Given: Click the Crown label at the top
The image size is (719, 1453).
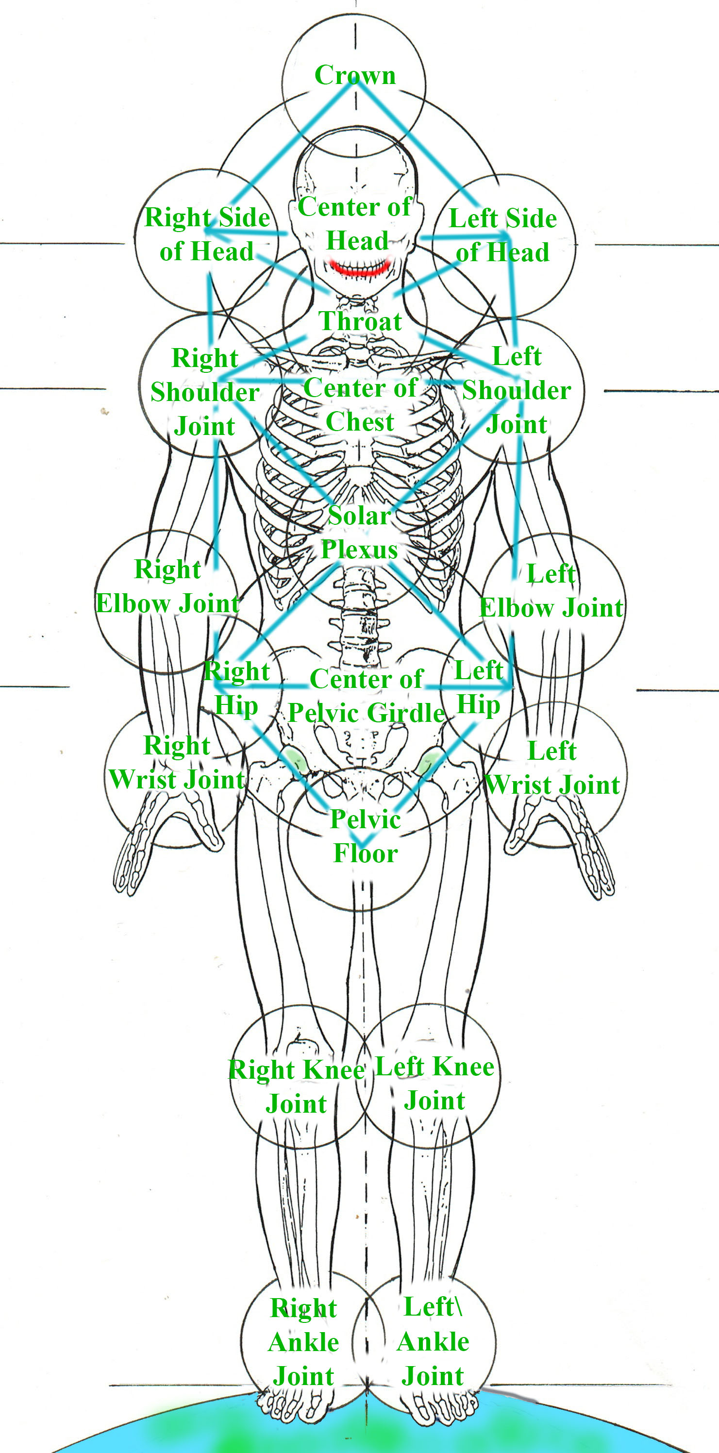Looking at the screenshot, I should [x=355, y=75].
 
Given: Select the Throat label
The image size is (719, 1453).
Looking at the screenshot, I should [x=360, y=321].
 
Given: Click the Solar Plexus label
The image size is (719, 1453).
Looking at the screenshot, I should [x=359, y=533].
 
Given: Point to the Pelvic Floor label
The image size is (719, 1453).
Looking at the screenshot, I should [x=366, y=836].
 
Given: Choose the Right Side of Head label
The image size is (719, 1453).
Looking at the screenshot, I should [x=207, y=234].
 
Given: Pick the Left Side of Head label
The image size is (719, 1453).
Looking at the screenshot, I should [x=502, y=235].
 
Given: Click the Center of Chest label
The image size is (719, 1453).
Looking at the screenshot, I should [x=360, y=404].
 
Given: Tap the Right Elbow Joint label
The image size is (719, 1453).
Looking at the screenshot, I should [x=168, y=586].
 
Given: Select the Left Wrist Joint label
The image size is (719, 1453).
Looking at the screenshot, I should [x=552, y=768].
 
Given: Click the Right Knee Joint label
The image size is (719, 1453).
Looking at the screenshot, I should [x=296, y=1086].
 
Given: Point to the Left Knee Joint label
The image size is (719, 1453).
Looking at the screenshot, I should [x=434, y=1083].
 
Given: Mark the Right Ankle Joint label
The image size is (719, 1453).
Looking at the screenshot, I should [x=303, y=1342].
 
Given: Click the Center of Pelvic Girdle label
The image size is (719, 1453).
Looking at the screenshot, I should [x=367, y=696].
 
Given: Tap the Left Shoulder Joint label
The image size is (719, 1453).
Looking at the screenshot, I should [x=517, y=390].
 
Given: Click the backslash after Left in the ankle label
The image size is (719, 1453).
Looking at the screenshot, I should [x=458, y=1306].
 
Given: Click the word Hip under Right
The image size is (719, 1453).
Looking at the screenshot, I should [x=236, y=705].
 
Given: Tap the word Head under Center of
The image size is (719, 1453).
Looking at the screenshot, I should [x=357, y=241].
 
